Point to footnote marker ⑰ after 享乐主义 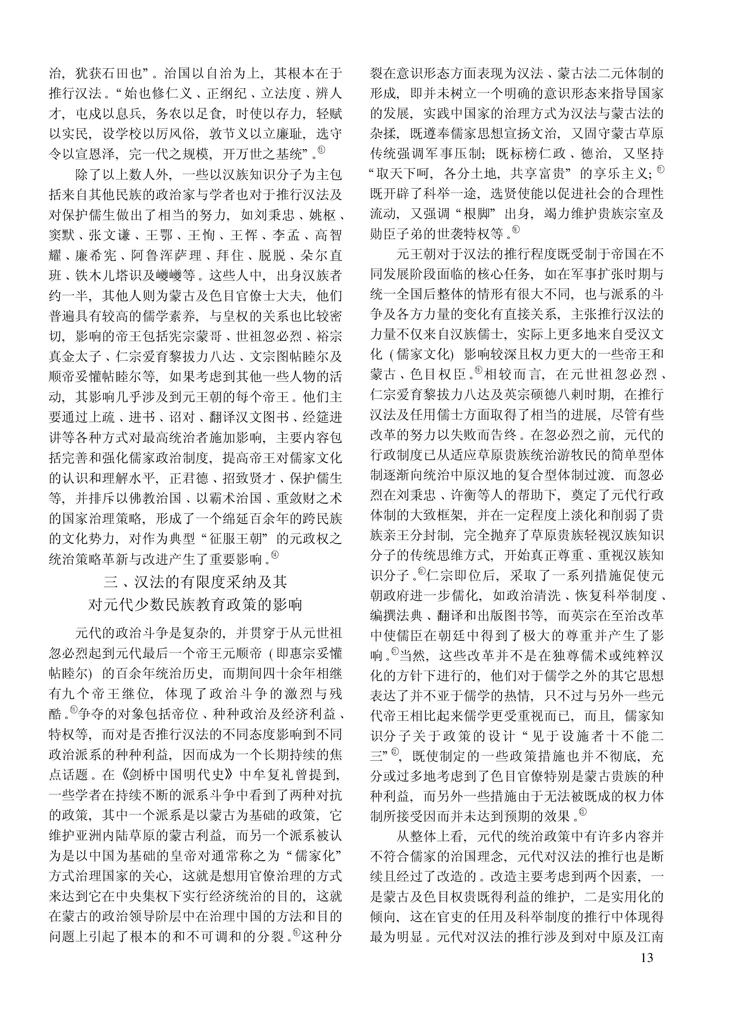tap(660, 170)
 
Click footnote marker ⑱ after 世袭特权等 tap(516, 230)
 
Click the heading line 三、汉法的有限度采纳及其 tap(195, 582)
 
